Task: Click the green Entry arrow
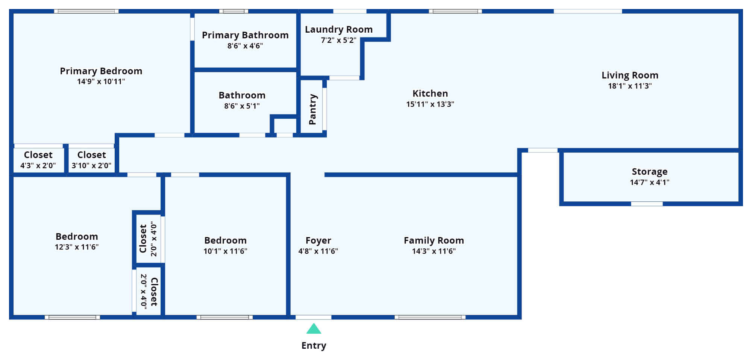point(314,329)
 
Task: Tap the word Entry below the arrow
point(314,346)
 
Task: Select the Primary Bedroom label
point(101,71)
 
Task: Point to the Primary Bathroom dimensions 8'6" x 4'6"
point(245,46)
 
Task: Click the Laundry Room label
point(339,29)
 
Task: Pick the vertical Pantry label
point(312,109)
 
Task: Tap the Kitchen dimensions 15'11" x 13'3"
point(430,104)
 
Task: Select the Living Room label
point(630,75)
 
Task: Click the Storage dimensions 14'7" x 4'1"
point(650,182)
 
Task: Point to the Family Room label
point(434,241)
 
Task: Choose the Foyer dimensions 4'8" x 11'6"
point(318,251)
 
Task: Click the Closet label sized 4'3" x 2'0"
point(38,155)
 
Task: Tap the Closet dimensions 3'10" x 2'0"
point(91,165)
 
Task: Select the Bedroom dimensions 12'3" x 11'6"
point(77,247)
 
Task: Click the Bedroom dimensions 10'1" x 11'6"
point(225,251)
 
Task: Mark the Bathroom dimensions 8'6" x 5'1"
point(242,106)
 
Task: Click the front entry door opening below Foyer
point(314,318)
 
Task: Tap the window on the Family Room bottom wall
point(430,318)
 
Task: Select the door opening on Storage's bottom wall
point(647,204)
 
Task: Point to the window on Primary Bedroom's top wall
point(86,11)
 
